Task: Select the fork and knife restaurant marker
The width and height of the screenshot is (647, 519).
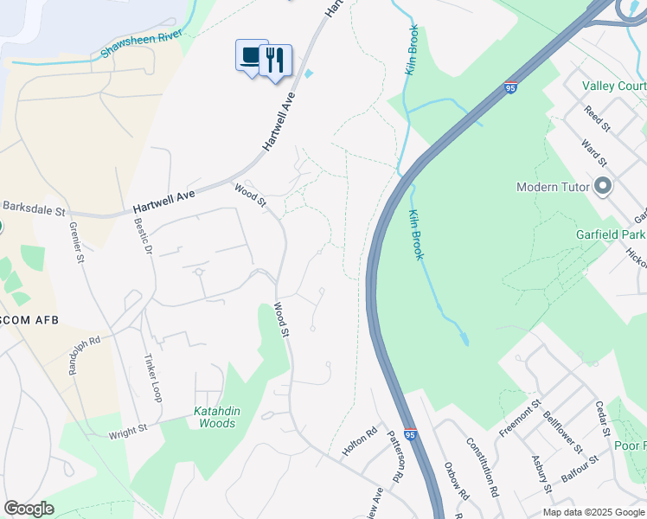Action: pyautogui.click(x=275, y=61)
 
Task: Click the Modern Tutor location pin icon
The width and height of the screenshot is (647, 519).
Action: pyautogui.click(x=604, y=187)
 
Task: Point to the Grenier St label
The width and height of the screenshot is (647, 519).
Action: pyautogui.click(x=78, y=244)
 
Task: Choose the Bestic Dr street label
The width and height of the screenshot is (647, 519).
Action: pyautogui.click(x=144, y=235)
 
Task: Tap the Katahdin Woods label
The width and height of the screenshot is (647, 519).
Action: pyautogui.click(x=216, y=418)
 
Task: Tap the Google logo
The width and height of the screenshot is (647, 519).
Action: pyautogui.click(x=29, y=509)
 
